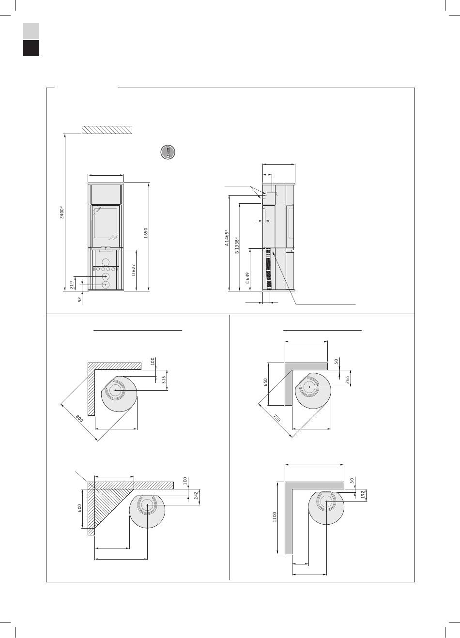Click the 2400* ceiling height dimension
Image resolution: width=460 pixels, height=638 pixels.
pos(62,213)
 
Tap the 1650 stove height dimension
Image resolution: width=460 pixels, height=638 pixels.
pos(146,233)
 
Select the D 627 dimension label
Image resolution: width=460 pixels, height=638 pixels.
pos(134,270)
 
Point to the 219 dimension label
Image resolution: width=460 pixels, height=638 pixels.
pos(72,284)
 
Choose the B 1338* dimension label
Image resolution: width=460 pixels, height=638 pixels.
pos(237,245)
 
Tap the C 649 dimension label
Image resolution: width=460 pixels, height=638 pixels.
pos(247,278)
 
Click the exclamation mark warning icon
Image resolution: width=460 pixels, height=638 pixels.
pos(168,152)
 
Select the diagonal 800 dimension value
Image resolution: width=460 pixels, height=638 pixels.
pos(79,419)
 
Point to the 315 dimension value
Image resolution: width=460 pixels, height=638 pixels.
pos(164,380)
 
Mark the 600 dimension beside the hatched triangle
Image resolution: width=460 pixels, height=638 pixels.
pos(79,508)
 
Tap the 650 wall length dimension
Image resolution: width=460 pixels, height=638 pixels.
pos(265,382)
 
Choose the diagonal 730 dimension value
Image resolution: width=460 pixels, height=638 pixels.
pos(276,418)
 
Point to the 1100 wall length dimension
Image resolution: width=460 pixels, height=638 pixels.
pos(274,517)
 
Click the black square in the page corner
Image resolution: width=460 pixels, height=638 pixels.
pos(31,48)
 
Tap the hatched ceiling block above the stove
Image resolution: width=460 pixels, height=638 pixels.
pos(107,130)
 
